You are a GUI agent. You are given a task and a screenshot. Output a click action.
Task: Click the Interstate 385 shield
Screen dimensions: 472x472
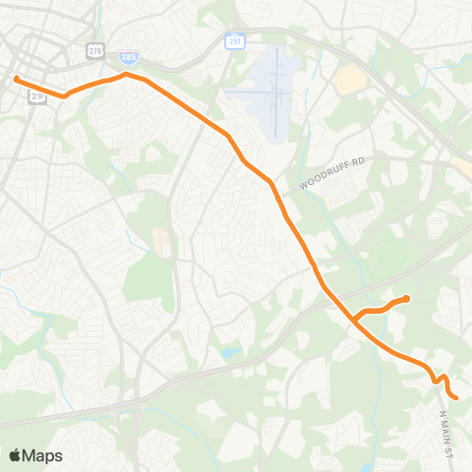[x=128, y=59]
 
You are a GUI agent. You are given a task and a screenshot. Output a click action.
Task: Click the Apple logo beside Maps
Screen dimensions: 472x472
[x=16, y=455]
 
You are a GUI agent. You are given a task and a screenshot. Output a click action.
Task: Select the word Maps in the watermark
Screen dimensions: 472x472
[x=43, y=455]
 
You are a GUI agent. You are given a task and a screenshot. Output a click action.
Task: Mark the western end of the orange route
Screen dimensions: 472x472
[x=17, y=79]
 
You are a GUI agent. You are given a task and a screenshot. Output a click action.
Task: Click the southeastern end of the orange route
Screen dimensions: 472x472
[x=456, y=397]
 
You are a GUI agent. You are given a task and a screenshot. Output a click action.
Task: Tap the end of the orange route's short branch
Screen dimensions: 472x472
[x=406, y=298]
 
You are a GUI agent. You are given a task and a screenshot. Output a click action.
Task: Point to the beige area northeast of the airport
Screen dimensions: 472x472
[x=350, y=81]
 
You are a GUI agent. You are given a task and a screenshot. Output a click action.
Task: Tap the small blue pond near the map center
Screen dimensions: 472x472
[x=229, y=352]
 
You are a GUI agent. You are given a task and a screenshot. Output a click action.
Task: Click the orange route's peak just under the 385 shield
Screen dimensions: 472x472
[x=125, y=74]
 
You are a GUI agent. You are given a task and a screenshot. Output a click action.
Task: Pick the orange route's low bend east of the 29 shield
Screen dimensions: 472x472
[x=65, y=95]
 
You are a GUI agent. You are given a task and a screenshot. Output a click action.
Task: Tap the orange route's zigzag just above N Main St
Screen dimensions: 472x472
[x=440, y=380]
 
